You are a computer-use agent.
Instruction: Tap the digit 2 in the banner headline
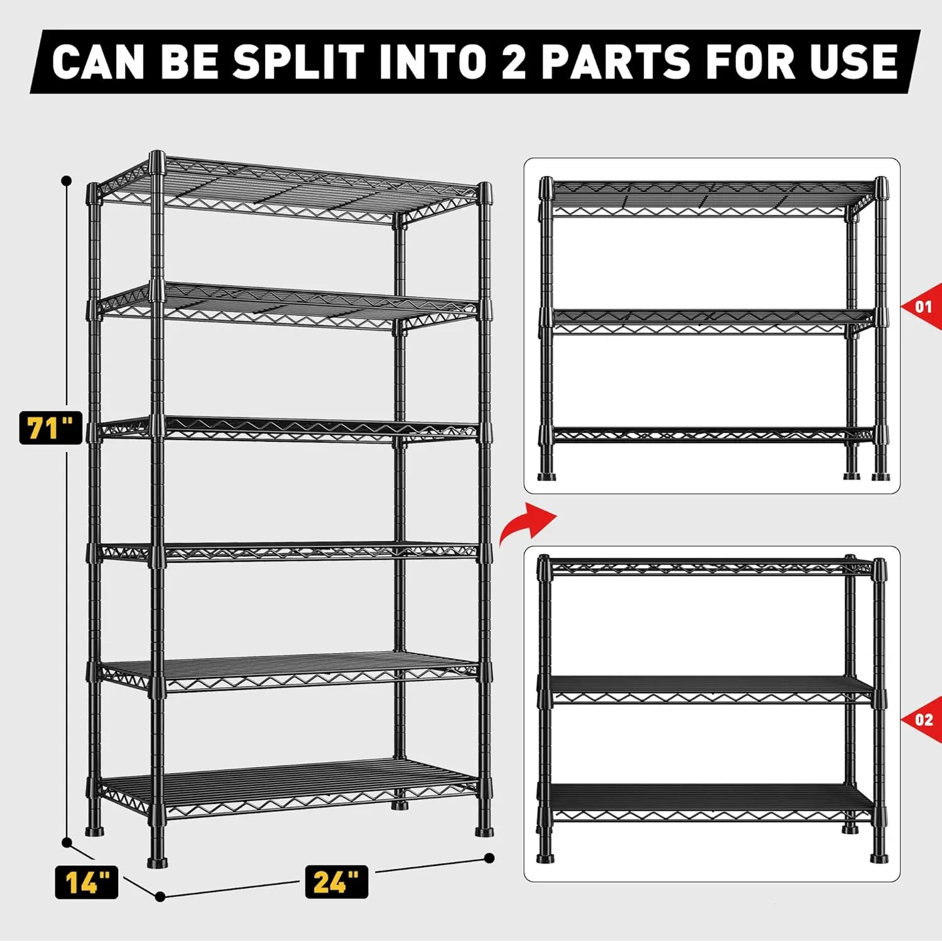513,62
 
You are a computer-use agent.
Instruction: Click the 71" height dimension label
50,428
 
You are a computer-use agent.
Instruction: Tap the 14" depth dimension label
86,882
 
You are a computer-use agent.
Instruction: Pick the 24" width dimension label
336,882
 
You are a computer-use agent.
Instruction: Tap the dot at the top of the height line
67,181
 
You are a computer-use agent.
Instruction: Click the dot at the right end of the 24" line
490,858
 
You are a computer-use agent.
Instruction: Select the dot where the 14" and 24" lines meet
160,897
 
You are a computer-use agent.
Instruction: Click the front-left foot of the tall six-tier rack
157,861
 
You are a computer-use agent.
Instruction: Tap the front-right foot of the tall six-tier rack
484,831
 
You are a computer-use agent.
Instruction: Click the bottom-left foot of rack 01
547,476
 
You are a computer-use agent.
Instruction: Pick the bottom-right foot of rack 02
879,857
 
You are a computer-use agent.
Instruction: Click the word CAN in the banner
98,62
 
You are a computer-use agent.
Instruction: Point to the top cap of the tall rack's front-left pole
157,160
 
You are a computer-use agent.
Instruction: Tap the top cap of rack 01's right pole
882,186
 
